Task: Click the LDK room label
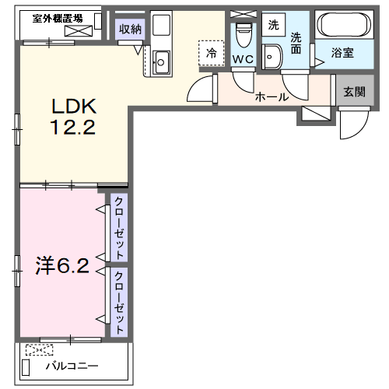click(74, 107)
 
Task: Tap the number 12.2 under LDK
click(73, 127)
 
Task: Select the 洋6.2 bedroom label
click(62, 265)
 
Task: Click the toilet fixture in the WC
click(244, 35)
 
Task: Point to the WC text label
click(243, 59)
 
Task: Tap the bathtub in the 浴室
click(344, 25)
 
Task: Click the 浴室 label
click(342, 53)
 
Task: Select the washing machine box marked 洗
click(273, 25)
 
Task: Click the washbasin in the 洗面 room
click(272, 57)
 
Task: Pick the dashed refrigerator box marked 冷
click(212, 53)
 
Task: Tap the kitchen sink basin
click(161, 62)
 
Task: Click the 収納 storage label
click(130, 29)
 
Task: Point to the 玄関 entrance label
click(355, 92)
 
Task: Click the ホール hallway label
click(272, 97)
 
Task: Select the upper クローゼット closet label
click(119, 228)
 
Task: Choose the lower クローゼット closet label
click(119, 303)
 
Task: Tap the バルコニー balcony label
click(72, 366)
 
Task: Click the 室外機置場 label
click(58, 19)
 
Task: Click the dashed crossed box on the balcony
click(40, 350)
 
